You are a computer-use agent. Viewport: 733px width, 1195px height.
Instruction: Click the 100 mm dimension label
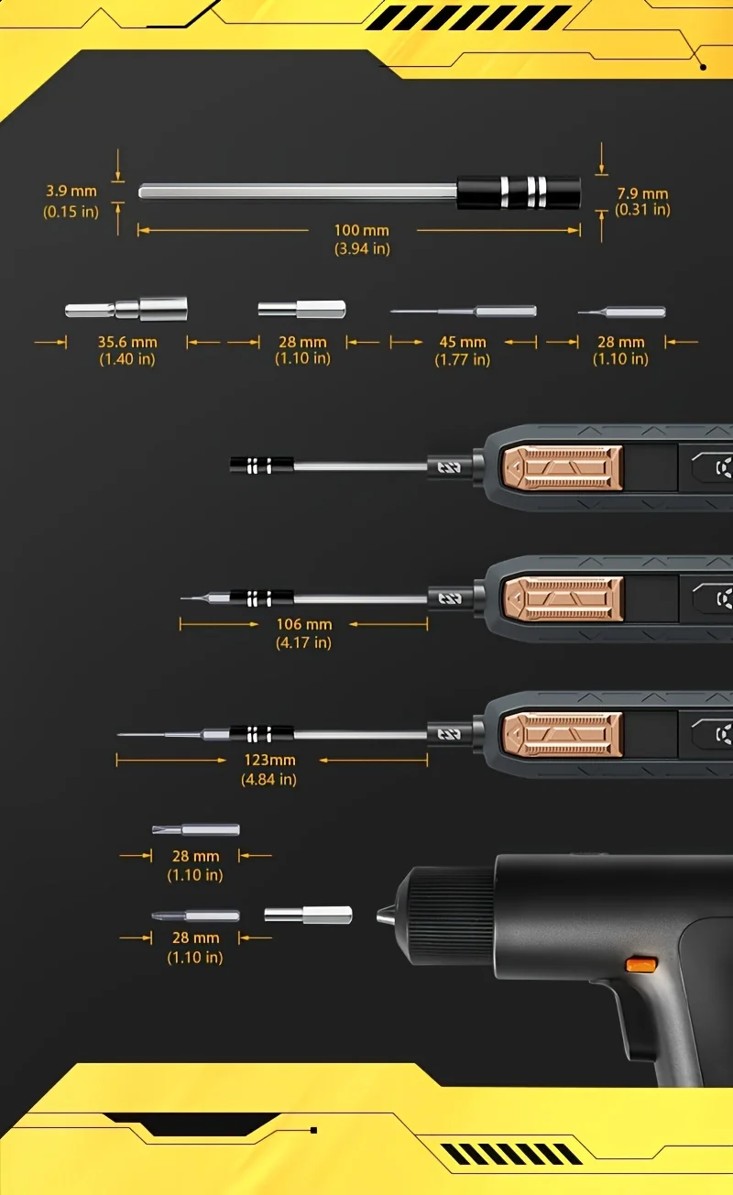click(361, 230)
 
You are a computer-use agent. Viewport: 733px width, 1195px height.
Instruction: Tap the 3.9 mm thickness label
click(71, 192)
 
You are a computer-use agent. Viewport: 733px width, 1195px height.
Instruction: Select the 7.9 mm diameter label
click(642, 193)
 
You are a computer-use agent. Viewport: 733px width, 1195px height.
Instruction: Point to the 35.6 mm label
click(127, 342)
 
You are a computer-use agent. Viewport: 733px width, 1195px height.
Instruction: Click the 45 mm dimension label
click(462, 342)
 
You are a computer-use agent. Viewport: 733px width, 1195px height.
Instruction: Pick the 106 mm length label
click(304, 624)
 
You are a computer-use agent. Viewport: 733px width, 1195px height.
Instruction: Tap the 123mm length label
click(269, 760)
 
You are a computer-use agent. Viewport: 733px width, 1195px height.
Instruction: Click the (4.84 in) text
click(269, 779)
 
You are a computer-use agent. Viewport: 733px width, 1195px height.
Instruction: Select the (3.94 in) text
click(362, 248)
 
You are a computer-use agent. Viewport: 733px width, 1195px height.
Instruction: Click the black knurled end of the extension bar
click(519, 192)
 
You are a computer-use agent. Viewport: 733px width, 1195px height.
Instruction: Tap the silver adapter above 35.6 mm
click(126, 308)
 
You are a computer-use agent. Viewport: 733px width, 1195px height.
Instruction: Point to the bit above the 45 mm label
click(463, 312)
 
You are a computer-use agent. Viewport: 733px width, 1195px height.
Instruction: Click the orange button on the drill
click(641, 964)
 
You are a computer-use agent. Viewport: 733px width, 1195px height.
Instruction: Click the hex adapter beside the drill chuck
click(308, 915)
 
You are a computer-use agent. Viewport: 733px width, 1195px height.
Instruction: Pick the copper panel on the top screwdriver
click(562, 468)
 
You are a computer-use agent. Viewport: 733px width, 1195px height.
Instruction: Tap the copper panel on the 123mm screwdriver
click(562, 736)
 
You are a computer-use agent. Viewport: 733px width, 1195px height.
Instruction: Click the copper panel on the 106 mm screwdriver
click(562, 599)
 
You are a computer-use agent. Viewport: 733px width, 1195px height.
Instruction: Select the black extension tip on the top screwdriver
click(261, 466)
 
